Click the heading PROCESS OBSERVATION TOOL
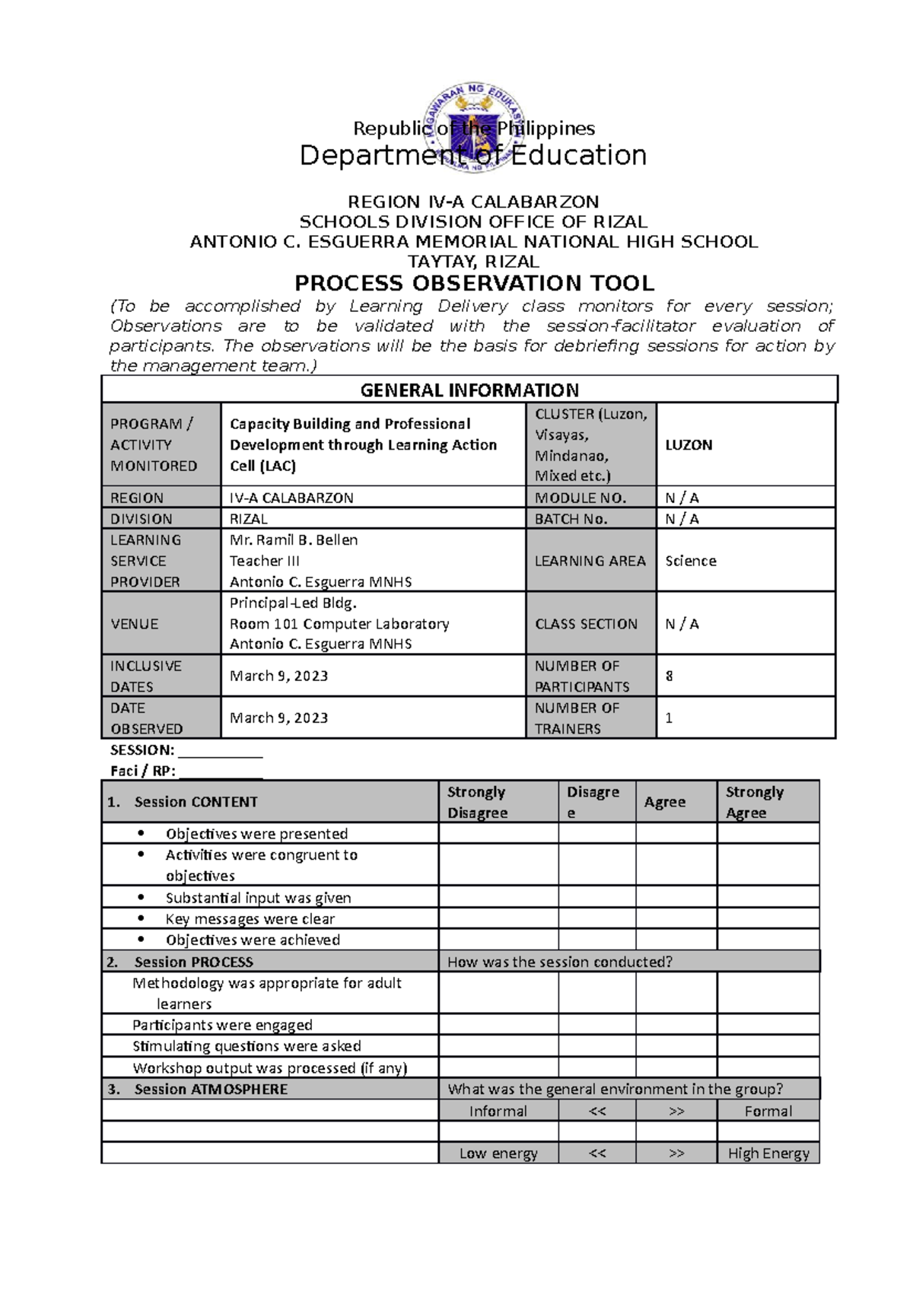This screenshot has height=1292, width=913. click(x=474, y=284)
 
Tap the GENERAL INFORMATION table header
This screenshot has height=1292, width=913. click(x=469, y=390)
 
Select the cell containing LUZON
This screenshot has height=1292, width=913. click(x=689, y=445)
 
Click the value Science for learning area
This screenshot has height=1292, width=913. click(x=691, y=561)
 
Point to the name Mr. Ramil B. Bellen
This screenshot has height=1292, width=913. click(x=294, y=540)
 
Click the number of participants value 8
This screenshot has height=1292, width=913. click(x=670, y=676)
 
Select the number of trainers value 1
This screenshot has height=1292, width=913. click(x=670, y=718)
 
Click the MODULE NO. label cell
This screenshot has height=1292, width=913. click(x=581, y=498)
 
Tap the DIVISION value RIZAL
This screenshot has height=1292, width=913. click(x=249, y=519)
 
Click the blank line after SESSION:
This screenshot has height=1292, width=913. click(x=220, y=751)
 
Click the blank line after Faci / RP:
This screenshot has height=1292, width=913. click(x=220, y=772)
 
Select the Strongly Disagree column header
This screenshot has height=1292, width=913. click(x=477, y=802)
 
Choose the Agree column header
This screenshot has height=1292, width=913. click(x=665, y=802)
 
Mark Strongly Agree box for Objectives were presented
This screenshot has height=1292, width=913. click(x=768, y=834)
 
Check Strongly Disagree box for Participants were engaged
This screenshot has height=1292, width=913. click(x=498, y=1025)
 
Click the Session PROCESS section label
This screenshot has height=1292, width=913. click(x=193, y=962)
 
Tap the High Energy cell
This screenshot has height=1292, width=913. click(x=768, y=1154)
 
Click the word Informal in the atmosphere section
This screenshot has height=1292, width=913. click(x=498, y=1111)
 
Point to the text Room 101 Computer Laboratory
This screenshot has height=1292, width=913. click(x=339, y=624)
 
